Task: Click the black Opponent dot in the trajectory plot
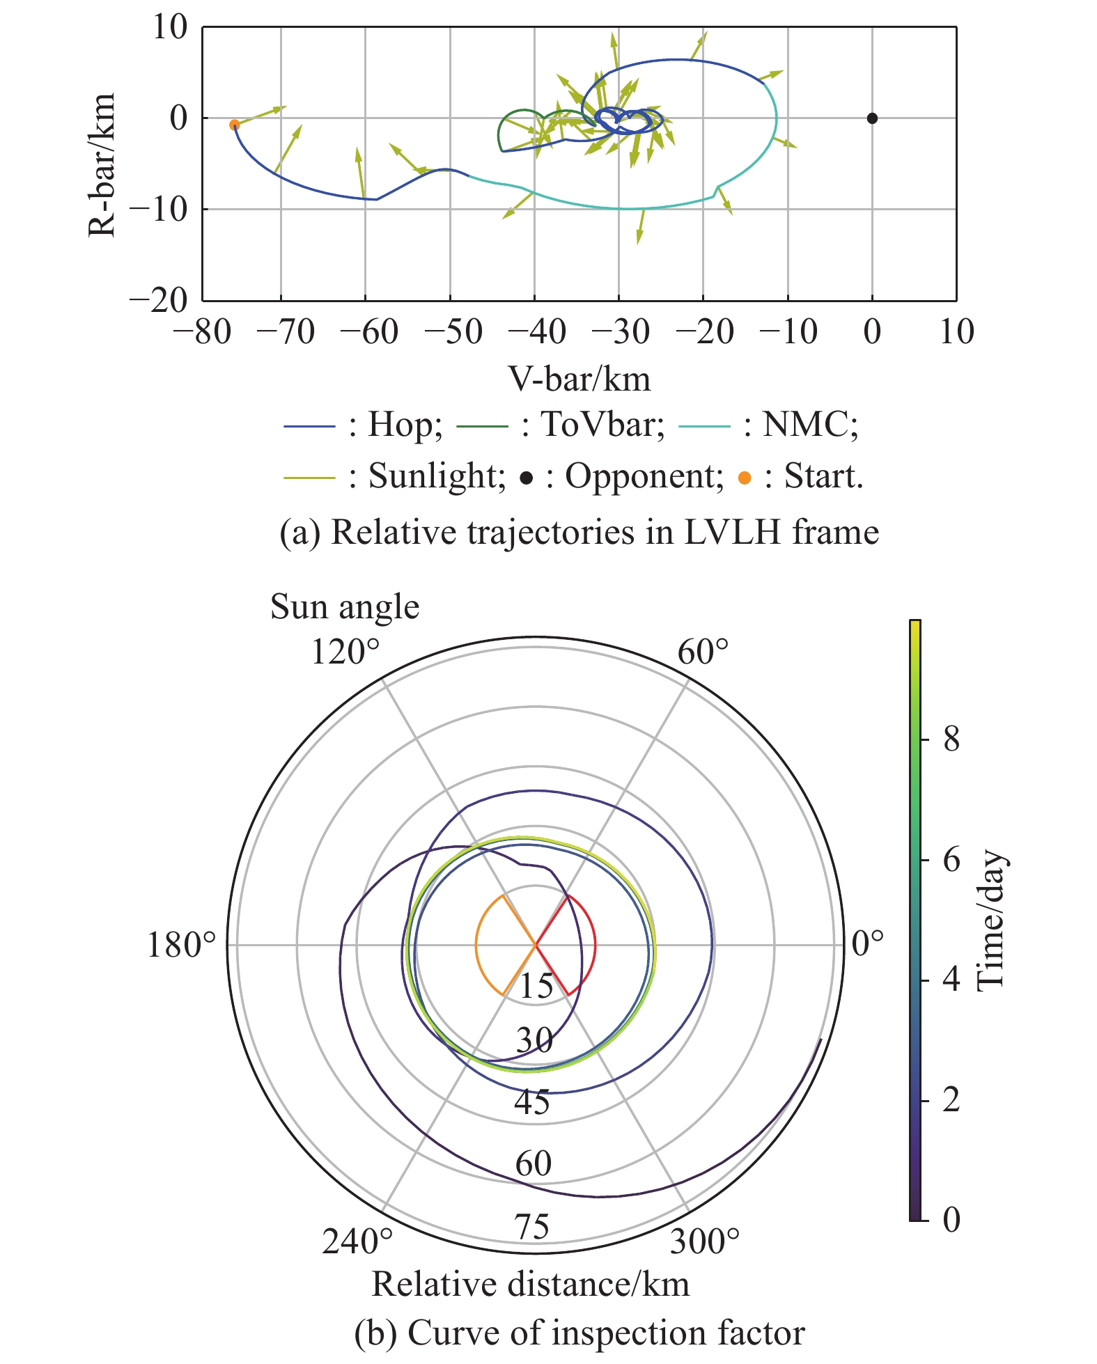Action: pyautogui.click(x=872, y=118)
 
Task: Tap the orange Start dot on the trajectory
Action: pyautogui.click(x=235, y=125)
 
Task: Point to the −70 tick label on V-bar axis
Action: pyautogui.click(x=286, y=332)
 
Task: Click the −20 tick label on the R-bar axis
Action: pyautogui.click(x=160, y=301)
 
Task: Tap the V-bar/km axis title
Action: pyautogui.click(x=579, y=379)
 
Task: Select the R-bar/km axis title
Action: pyautogui.click(x=102, y=165)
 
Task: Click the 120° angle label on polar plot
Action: pyautogui.click(x=346, y=653)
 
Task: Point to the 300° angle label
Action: pyautogui.click(x=705, y=1241)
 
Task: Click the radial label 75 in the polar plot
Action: pyautogui.click(x=533, y=1226)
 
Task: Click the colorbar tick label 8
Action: pyautogui.click(x=951, y=740)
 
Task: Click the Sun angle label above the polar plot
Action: pyautogui.click(x=345, y=606)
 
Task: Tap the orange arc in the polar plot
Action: pyautogui.click(x=476, y=945)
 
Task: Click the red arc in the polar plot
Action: pyautogui.click(x=595, y=945)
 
